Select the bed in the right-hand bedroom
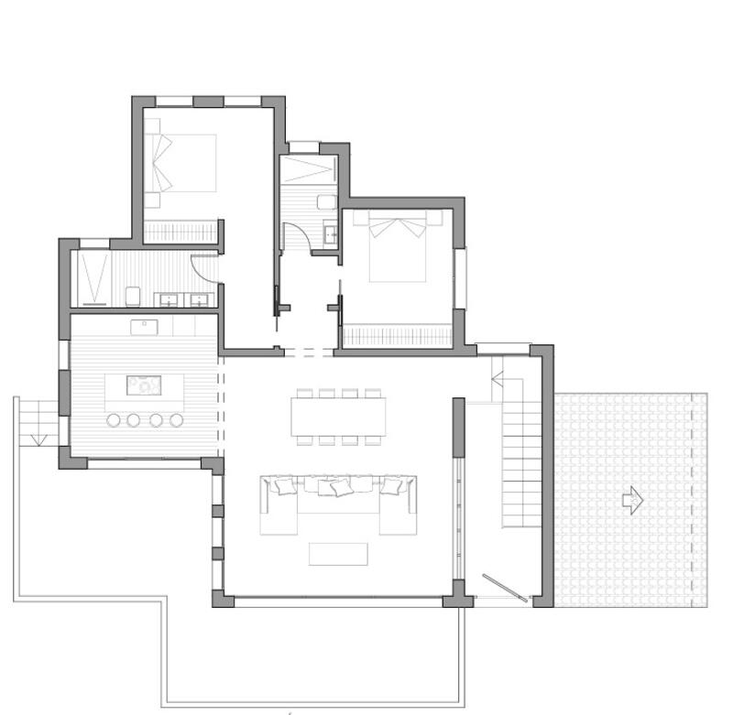click(x=398, y=247)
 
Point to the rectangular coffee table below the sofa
click(x=338, y=554)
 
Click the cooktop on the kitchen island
click(x=144, y=385)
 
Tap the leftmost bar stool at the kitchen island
click(x=115, y=420)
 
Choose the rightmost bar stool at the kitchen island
click(x=177, y=420)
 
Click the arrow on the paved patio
click(x=632, y=500)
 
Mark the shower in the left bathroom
click(x=93, y=276)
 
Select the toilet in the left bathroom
click(x=133, y=296)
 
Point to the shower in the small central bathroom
click(x=310, y=169)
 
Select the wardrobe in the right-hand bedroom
click(x=398, y=335)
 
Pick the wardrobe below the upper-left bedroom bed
click(x=181, y=232)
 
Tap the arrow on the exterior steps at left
click(x=38, y=439)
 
